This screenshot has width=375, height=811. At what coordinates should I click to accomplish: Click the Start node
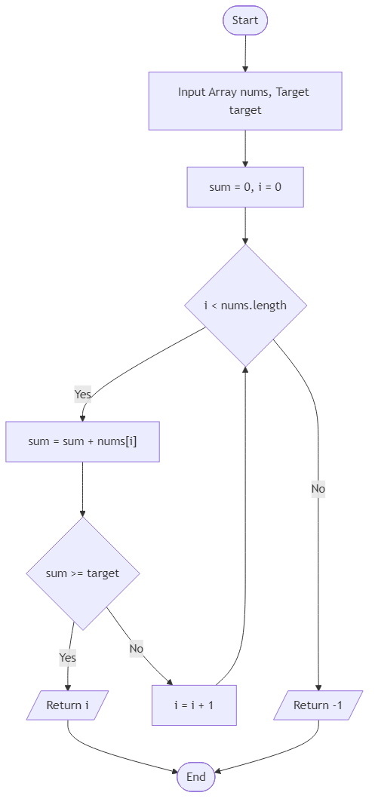point(245,20)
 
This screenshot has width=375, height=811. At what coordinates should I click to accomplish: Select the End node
point(195,776)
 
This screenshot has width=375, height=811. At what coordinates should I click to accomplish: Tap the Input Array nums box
point(245,100)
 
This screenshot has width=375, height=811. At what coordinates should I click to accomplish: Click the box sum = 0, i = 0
point(245,186)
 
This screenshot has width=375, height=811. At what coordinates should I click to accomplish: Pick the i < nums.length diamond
point(245,306)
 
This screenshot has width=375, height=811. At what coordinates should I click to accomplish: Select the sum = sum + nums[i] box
point(82,441)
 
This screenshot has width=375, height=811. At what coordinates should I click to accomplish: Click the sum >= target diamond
point(82,573)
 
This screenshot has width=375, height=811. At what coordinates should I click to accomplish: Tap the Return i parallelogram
point(68,705)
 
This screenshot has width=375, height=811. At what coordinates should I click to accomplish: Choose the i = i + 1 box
point(195,705)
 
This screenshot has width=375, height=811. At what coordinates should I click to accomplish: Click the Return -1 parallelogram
point(318,705)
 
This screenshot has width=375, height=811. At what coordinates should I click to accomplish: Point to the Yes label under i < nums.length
point(82,394)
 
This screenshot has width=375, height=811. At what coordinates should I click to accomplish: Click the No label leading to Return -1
point(318,489)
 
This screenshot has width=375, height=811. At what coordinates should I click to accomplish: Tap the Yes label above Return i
point(68,658)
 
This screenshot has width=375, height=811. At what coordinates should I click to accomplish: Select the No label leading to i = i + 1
point(137,648)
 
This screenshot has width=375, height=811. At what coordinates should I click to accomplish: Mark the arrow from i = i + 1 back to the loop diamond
point(244,528)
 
